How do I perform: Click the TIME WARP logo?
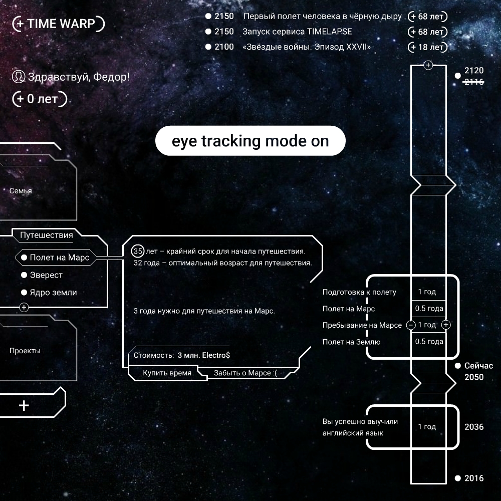(59, 24)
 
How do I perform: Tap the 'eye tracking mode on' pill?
(250, 141)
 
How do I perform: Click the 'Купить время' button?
(167, 373)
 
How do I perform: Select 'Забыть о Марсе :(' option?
(245, 373)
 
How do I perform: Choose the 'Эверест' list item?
(46, 275)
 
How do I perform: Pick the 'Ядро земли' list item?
(53, 293)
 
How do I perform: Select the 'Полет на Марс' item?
(59, 258)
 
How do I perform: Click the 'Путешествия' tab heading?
(47, 235)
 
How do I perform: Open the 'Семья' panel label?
(21, 191)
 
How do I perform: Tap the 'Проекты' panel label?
(25, 351)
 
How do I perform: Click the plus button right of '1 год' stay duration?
(446, 325)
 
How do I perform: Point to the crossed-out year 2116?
(474, 82)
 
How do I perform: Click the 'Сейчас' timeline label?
(478, 366)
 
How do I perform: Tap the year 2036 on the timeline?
(474, 427)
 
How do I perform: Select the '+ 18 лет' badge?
(427, 48)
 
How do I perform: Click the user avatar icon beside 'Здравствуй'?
(19, 77)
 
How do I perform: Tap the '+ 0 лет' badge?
(40, 99)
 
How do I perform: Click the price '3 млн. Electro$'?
(203, 355)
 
